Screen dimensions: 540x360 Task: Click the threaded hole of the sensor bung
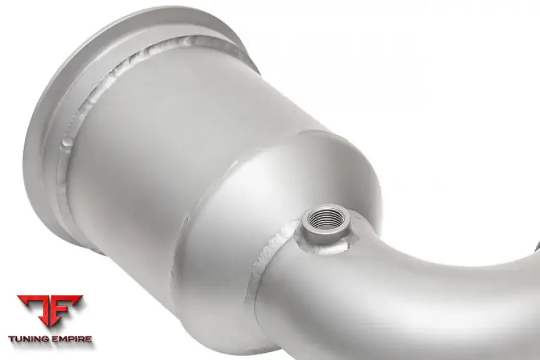tap(325, 219)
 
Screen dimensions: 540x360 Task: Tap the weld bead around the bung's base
tap(324, 247)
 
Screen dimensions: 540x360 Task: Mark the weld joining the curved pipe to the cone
tap(262, 262)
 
